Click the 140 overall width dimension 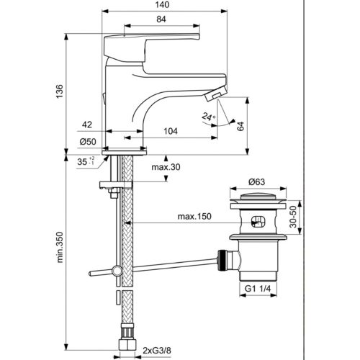171,5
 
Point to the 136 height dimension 61,90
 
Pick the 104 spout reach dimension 171,132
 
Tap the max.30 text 165,168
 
